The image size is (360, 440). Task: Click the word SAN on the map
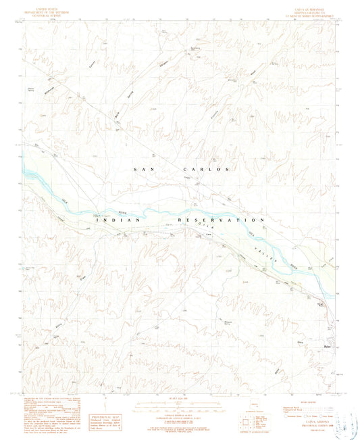(145, 169)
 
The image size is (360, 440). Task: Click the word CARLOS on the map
(207, 169)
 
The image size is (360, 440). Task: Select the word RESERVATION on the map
(220, 220)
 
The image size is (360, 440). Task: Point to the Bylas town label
(326, 348)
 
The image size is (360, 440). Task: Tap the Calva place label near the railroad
(208, 235)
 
